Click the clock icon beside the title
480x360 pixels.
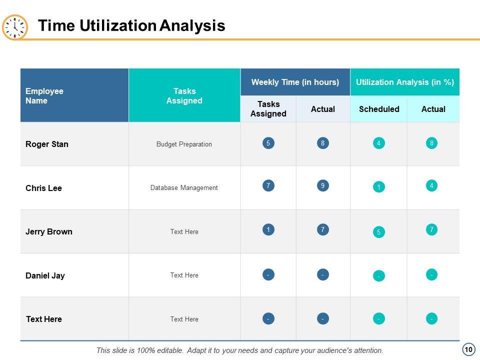coord(15,27)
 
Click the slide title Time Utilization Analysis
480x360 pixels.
coord(131,25)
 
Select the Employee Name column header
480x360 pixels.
coord(44,95)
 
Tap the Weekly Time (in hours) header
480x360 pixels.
coord(295,82)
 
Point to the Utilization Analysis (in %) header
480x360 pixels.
coord(404,82)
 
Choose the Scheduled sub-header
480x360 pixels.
coord(379,109)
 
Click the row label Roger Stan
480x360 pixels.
coord(47,144)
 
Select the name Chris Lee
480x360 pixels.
coord(43,188)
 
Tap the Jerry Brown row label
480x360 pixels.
coord(49,231)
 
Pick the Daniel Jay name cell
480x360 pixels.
coord(45,275)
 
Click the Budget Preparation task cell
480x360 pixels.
coord(184,144)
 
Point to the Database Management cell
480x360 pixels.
coord(184,188)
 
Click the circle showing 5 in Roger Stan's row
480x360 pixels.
coord(268,143)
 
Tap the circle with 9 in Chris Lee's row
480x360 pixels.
coord(323,186)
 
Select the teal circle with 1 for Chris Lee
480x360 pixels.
coord(379,187)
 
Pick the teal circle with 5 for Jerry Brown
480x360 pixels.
coord(379,232)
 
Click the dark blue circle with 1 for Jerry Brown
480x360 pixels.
coord(268,230)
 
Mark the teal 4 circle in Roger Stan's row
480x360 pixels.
coord(379,143)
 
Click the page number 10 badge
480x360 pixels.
coord(468,349)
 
